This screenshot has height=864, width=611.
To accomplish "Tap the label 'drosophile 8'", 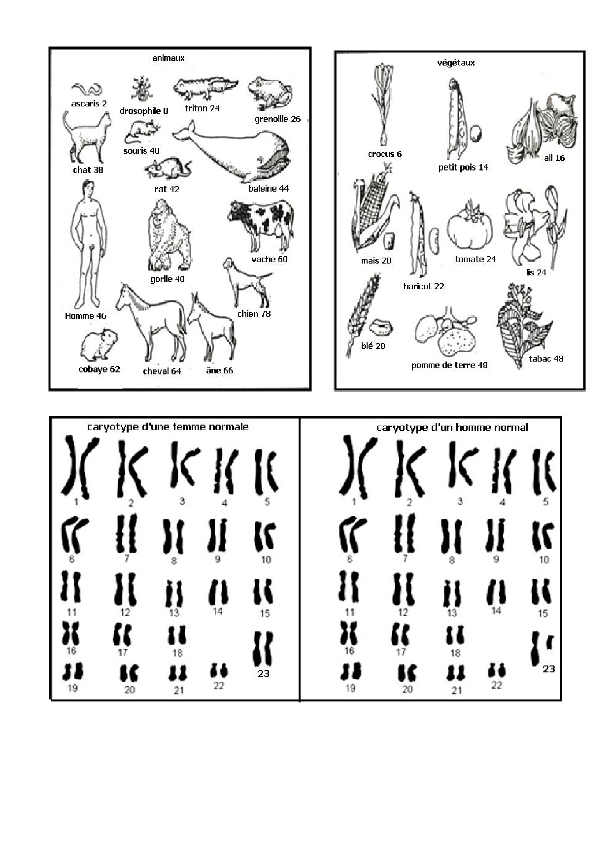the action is (x=144, y=111).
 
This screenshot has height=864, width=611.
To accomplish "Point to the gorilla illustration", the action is (x=168, y=235).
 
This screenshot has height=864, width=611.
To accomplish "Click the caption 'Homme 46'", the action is (x=85, y=316).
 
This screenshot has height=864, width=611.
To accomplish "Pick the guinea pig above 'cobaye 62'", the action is (x=99, y=346).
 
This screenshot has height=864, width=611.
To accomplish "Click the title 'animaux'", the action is (x=168, y=58).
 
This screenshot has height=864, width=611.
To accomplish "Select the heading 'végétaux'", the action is (x=456, y=63).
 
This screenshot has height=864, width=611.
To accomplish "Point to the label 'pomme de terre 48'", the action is (x=449, y=365).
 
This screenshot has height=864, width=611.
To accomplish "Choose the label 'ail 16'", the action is (x=554, y=158).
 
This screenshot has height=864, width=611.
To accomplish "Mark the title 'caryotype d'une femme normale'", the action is (x=168, y=427).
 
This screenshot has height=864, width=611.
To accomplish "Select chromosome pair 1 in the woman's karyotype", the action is (x=79, y=466).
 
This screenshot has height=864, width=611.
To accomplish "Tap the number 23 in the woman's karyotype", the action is (x=264, y=673).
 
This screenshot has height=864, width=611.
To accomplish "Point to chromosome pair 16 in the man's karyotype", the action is (x=348, y=633).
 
